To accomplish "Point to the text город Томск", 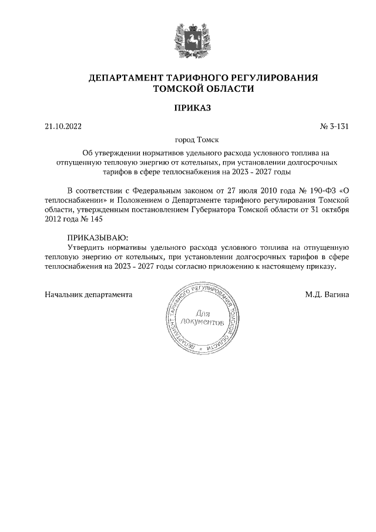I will coord(188,140).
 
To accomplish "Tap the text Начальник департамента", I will coord(89,294).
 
